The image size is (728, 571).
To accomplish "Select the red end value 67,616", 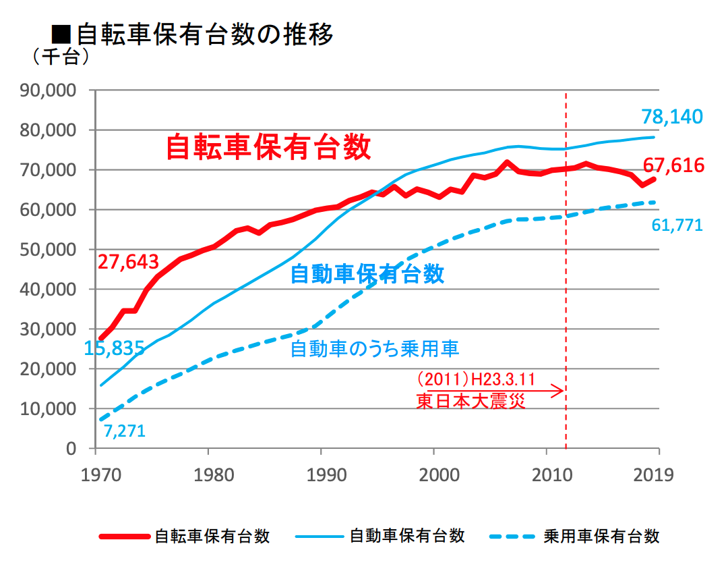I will pyautogui.click(x=673, y=165).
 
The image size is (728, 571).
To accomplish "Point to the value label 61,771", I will pyautogui.click(x=677, y=225).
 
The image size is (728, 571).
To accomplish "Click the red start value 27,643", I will pyautogui.click(x=128, y=262).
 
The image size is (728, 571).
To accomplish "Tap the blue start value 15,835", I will pyautogui.click(x=115, y=349).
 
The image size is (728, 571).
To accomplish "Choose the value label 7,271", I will pyautogui.click(x=125, y=431).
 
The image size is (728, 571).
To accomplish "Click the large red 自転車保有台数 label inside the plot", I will pyautogui.click(x=268, y=147).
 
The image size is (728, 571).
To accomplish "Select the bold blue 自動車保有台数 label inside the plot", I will pyautogui.click(x=367, y=274).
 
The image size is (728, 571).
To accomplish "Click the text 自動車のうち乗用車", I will pyautogui.click(x=375, y=349).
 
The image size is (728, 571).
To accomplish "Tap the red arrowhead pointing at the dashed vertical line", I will pyautogui.click(x=558, y=390).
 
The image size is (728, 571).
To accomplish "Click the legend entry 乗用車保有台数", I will pyautogui.click(x=601, y=537).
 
